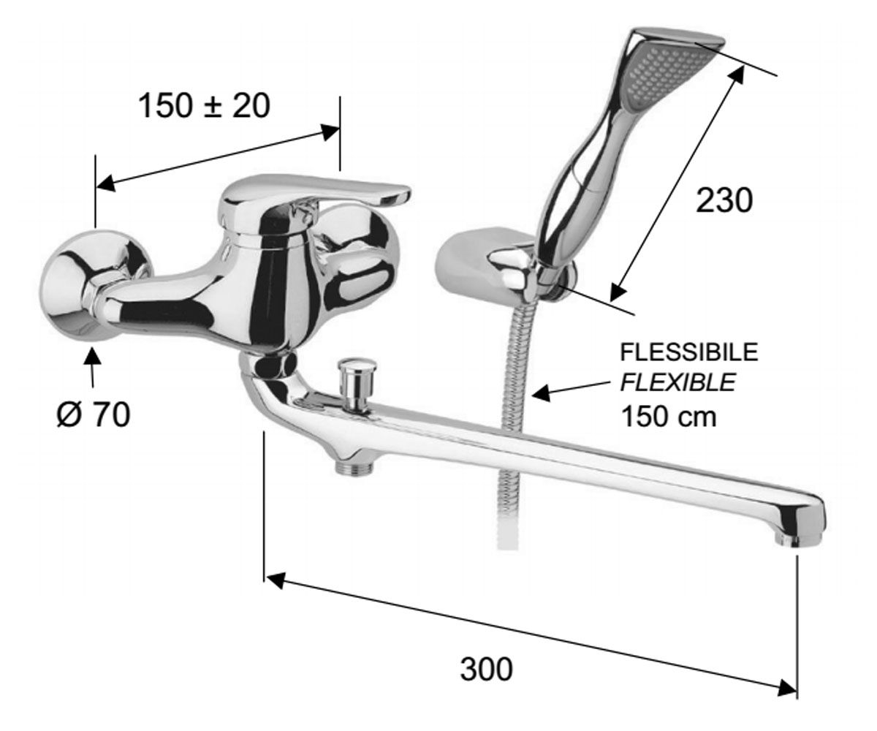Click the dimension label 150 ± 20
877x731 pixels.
coord(204,106)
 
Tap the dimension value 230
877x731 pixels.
coord(724,200)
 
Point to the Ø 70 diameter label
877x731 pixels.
coord(94,414)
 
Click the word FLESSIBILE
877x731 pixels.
coord(689,352)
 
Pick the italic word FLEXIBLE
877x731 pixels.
coord(678,383)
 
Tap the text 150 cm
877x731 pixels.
coord(669,417)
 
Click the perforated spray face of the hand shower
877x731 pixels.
coord(657,77)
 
